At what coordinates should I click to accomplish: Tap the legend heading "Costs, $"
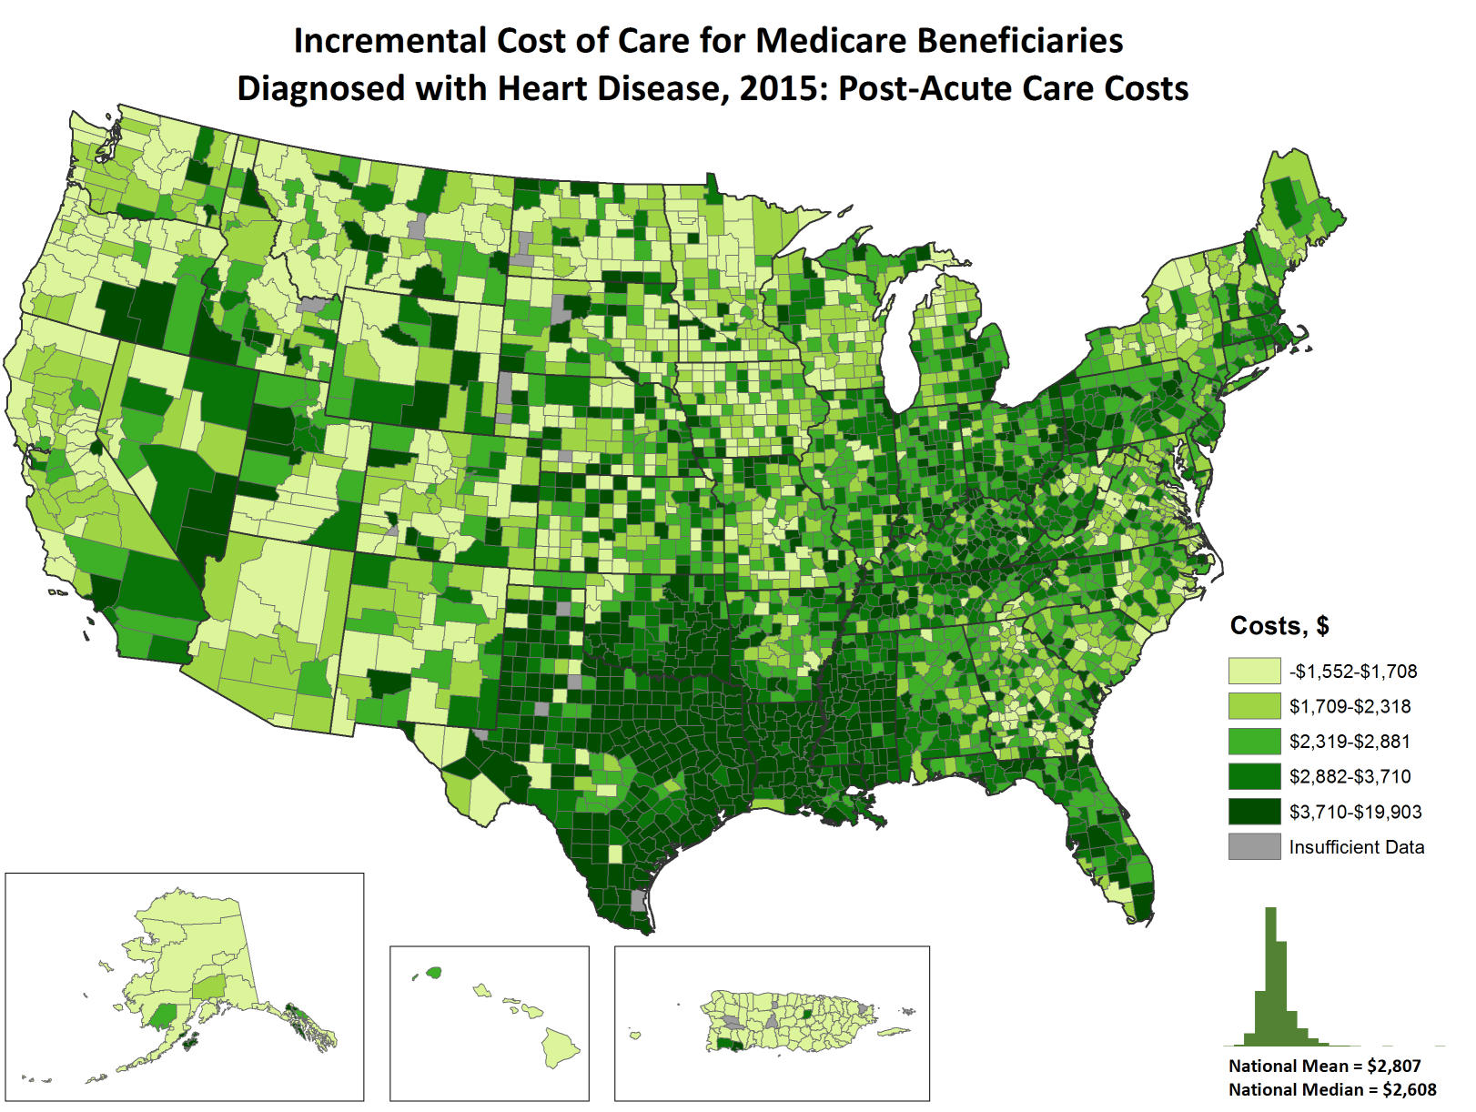(x=1279, y=626)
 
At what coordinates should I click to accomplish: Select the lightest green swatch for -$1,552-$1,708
(x=1254, y=672)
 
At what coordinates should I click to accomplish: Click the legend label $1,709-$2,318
(x=1350, y=707)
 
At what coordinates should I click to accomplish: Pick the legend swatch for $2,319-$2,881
(x=1254, y=742)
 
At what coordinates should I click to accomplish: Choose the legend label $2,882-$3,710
(x=1350, y=777)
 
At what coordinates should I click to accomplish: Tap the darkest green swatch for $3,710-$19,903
(x=1254, y=812)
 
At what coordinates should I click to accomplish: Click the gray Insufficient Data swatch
(x=1254, y=847)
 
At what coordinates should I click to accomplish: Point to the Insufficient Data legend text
(x=1356, y=847)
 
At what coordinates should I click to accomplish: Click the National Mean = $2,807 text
(x=1324, y=1066)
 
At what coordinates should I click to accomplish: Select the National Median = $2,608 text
(x=1332, y=1089)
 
